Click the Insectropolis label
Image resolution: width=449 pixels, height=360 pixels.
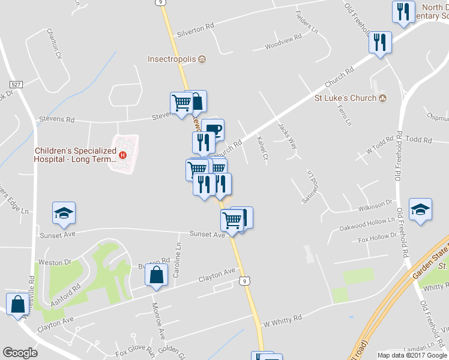173,59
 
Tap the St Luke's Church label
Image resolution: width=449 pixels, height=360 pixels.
346,98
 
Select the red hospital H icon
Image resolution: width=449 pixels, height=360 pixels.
123,155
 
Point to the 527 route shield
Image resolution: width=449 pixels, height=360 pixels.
16,85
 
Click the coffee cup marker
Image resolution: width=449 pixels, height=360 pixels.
212,129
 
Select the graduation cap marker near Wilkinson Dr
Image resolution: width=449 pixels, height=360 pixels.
420,210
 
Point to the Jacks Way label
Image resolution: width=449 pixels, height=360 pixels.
288,136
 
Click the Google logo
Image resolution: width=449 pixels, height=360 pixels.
20,353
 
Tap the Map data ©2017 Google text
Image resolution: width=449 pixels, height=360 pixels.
412,355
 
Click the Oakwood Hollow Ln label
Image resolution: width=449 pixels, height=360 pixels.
366,224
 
